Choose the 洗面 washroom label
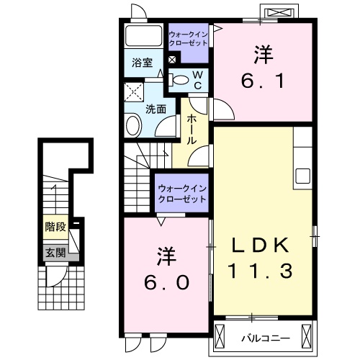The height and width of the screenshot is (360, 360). tap(156, 109)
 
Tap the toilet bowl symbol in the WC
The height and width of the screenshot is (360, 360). tap(180, 79)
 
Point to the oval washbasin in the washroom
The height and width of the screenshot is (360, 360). tap(134, 127)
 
